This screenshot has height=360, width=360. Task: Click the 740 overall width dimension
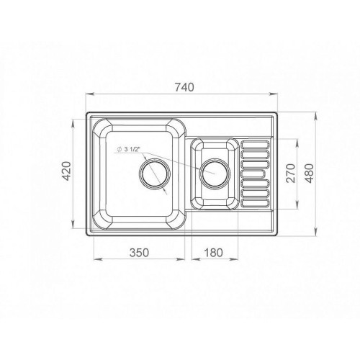tap(184, 87)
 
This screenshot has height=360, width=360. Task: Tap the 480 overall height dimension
tap(310, 174)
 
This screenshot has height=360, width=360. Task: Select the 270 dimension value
tap(291, 174)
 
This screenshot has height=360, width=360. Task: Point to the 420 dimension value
tap(67, 171)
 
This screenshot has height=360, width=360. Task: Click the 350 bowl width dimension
tap(139, 253)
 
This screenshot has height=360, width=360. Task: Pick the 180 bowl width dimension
tap(213, 253)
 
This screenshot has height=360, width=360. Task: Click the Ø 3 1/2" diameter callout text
tap(128, 149)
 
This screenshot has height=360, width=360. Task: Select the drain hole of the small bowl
tap(215, 174)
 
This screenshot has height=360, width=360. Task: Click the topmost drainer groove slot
tap(256, 145)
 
